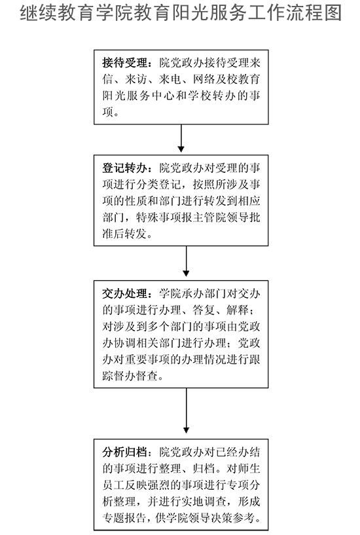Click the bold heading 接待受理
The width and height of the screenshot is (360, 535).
(x=124, y=63)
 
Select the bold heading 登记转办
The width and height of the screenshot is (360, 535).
(x=124, y=168)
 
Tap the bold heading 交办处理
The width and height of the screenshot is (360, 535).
(x=124, y=293)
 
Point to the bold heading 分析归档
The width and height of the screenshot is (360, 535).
(x=124, y=452)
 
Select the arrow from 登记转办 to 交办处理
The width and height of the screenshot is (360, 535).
(x=186, y=261)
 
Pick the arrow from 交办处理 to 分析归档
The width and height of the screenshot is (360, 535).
(x=186, y=411)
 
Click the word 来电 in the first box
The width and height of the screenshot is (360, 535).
(x=170, y=79)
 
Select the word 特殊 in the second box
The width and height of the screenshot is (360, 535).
(x=147, y=217)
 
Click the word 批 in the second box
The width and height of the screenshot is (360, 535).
(x=255, y=217)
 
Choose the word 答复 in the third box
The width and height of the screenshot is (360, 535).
(x=204, y=310)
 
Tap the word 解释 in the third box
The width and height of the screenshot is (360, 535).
(x=238, y=310)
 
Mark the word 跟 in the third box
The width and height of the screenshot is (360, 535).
(x=255, y=360)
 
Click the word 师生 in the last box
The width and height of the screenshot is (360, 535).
(x=249, y=468)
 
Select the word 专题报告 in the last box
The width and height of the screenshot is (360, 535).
(x=124, y=518)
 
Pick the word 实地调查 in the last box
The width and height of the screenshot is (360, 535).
(x=204, y=502)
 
